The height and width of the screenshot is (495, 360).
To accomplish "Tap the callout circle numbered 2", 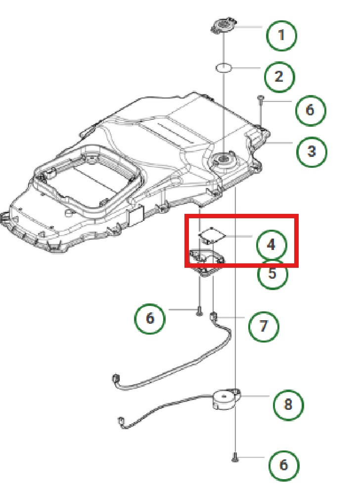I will coord(279,76).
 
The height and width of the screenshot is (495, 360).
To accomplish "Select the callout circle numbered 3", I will coord(311,150).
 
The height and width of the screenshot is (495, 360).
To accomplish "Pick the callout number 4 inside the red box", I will coord(271,245).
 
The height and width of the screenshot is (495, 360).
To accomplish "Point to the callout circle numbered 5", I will coord(272,274).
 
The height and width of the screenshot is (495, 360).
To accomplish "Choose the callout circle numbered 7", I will coord(263,326).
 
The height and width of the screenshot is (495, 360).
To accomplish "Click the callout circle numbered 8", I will coord(288,404).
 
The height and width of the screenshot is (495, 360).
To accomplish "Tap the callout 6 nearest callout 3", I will coord(310,109).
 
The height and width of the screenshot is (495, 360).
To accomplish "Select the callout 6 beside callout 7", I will coord(150,318).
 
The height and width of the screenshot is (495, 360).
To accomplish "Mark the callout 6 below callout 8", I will coord(284,465).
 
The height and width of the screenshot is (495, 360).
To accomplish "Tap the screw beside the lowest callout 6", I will coord(235,458).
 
